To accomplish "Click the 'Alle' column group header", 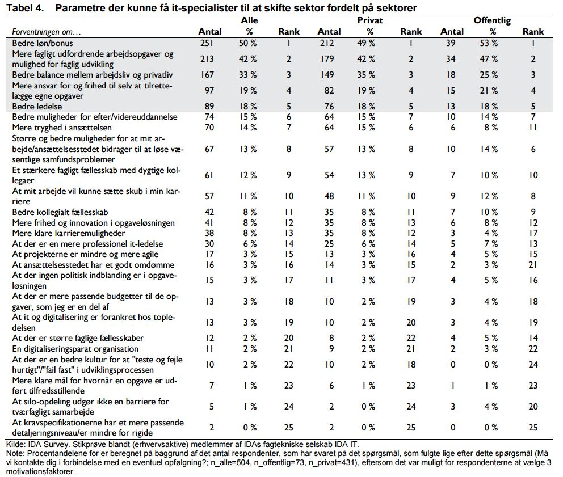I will pos(246,20).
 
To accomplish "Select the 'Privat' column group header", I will pos(369,20).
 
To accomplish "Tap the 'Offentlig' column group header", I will pos(492,20).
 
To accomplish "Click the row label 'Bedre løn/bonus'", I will pos(43,43).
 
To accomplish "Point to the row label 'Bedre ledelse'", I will pos(37,106).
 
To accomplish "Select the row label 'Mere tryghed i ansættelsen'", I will pos(62,127).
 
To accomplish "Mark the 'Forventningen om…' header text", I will pos(47,32).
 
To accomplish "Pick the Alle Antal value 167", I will pos(209,74).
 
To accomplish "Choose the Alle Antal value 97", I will pos(209,90).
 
